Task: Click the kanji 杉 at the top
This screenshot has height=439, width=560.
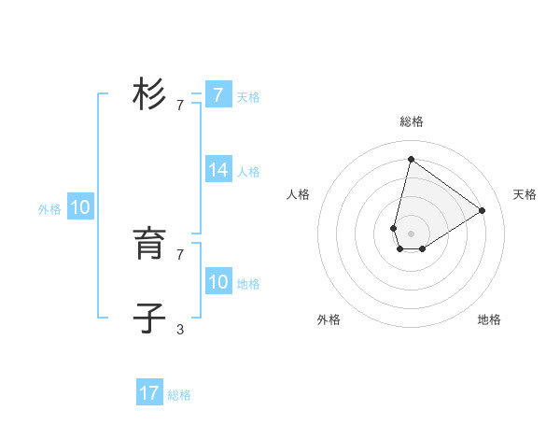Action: [x=149, y=94]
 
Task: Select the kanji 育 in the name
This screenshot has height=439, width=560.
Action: [x=149, y=245]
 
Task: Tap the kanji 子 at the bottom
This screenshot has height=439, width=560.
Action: [x=149, y=319]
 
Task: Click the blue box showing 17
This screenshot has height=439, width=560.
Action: [x=149, y=393]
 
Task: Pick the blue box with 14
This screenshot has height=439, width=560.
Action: [x=218, y=170]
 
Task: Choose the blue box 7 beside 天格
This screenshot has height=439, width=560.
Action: [x=218, y=94]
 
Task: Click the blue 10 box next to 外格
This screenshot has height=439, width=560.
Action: [x=80, y=208]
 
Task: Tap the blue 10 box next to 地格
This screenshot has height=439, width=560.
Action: [x=218, y=282]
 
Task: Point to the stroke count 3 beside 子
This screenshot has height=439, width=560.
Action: [x=180, y=329]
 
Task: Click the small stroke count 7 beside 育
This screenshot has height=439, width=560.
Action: [x=180, y=254]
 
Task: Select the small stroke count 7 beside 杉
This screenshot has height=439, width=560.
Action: [x=180, y=105]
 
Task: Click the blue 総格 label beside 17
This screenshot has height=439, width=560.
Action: [x=179, y=395]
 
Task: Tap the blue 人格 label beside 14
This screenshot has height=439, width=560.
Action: [x=248, y=172]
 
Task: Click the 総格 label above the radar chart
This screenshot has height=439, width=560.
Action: [x=412, y=121]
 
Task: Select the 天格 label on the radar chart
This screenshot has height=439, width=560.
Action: [x=525, y=194]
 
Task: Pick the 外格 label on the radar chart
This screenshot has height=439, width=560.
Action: [x=329, y=319]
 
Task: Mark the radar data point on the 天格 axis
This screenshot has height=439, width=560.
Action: [x=483, y=210]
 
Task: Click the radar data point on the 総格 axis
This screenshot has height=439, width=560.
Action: [x=411, y=159]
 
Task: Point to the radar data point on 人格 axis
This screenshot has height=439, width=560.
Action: [x=394, y=228]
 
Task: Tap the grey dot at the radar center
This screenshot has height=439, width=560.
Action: [x=411, y=234]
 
